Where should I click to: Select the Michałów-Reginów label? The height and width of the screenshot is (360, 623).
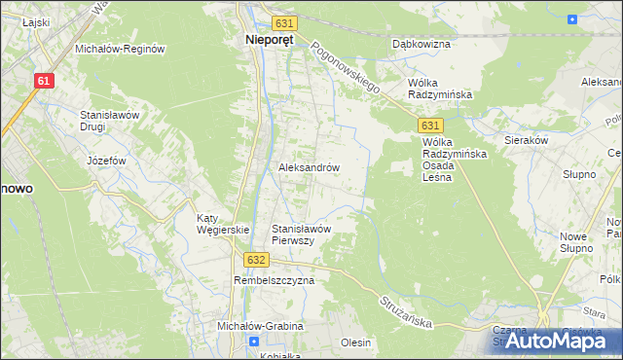121,48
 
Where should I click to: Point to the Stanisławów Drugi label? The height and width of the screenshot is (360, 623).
111,121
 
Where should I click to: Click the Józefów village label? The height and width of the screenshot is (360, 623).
107,160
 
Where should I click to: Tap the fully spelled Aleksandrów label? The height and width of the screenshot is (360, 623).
309,167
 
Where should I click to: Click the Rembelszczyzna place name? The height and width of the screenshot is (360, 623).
275,280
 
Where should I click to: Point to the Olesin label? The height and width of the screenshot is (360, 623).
355,342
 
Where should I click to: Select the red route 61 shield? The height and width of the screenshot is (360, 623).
43,82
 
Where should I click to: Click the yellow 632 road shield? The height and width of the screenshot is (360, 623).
255,260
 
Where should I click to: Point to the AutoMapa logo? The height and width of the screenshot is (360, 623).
562,341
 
